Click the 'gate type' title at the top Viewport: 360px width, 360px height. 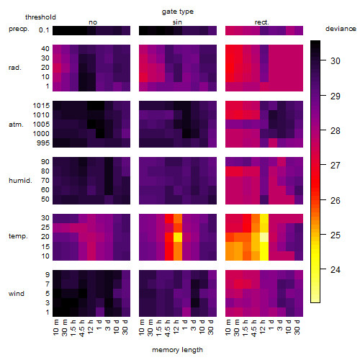click(x=178, y=12)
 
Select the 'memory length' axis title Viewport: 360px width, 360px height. click(x=177, y=350)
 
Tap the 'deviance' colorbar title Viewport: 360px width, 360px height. click(x=341, y=29)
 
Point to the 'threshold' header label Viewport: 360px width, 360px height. click(x=40, y=17)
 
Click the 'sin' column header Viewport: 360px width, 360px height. click(x=177, y=22)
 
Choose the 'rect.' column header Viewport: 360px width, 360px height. click(x=261, y=22)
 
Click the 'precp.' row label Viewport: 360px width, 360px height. click(x=19, y=29)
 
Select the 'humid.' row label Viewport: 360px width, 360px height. click(x=20, y=181)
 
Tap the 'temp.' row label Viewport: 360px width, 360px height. click(x=18, y=236)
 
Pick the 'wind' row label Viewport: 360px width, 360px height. click(x=17, y=294)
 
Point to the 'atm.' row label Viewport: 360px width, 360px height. click(x=16, y=125)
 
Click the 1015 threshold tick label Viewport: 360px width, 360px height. click(x=41, y=106)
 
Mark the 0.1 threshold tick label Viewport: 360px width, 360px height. click(x=44, y=30)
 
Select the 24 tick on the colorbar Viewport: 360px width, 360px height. click(x=336, y=270)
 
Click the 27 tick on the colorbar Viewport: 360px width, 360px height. click(x=336, y=166)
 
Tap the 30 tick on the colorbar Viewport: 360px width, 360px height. click(x=336, y=61)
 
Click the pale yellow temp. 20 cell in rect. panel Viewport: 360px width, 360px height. click(x=264, y=237)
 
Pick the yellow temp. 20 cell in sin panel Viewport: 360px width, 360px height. click(x=178, y=237)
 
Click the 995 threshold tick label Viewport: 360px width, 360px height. click(x=43, y=143)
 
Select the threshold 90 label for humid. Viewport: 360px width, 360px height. click(x=45, y=162)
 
